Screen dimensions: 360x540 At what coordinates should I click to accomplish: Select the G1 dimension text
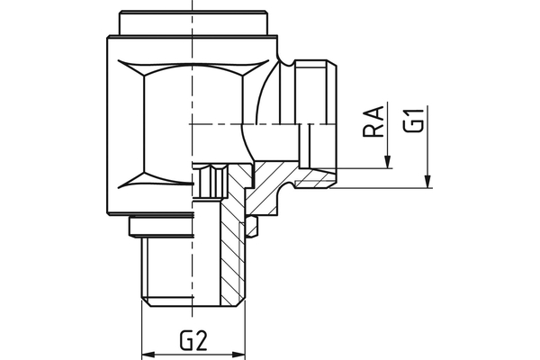[413, 120]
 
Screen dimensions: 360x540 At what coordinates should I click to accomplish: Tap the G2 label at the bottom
[194, 340]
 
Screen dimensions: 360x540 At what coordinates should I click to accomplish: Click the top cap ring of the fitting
[194, 23]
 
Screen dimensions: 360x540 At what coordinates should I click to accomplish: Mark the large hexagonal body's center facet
[166, 126]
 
